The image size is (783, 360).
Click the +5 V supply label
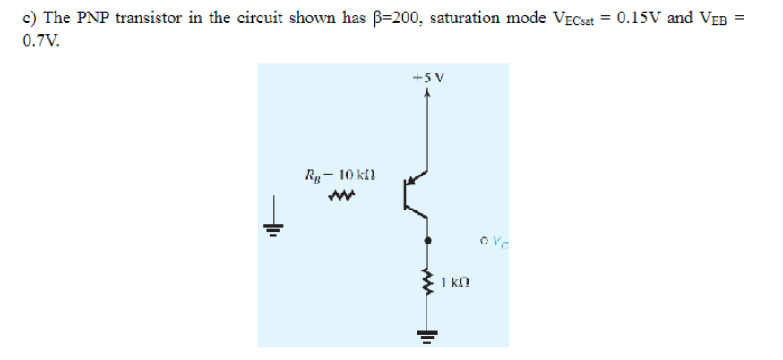point(427,78)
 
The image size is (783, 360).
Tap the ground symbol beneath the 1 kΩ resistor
point(427,338)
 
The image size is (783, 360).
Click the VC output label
point(490,241)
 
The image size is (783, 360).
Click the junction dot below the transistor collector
point(427,241)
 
